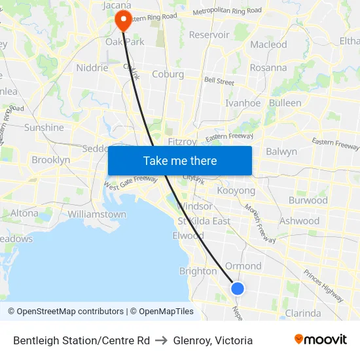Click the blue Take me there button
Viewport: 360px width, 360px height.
tap(180, 160)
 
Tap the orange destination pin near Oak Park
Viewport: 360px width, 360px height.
tap(123, 21)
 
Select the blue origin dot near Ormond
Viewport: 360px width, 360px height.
tap(238, 288)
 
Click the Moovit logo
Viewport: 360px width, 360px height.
tap(321, 339)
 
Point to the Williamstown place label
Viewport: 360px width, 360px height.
tap(97, 214)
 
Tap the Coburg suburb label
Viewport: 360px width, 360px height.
tap(168, 74)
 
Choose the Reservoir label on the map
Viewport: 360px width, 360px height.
tap(209, 34)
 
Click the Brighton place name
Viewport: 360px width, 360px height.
tap(198, 271)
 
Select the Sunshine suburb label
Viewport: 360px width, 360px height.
tap(44, 128)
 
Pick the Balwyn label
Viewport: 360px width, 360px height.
tap(281, 151)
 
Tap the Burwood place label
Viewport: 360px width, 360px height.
tap(308, 200)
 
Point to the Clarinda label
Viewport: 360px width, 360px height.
tap(303, 313)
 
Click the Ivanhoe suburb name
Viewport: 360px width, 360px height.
tap(243, 103)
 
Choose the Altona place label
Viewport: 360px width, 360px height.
tap(24, 213)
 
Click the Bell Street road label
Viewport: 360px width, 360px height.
tap(219, 82)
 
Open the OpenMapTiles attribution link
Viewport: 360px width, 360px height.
tap(162, 312)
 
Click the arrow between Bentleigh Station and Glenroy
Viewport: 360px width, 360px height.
tap(161, 340)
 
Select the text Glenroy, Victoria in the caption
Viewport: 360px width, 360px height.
tap(213, 340)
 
